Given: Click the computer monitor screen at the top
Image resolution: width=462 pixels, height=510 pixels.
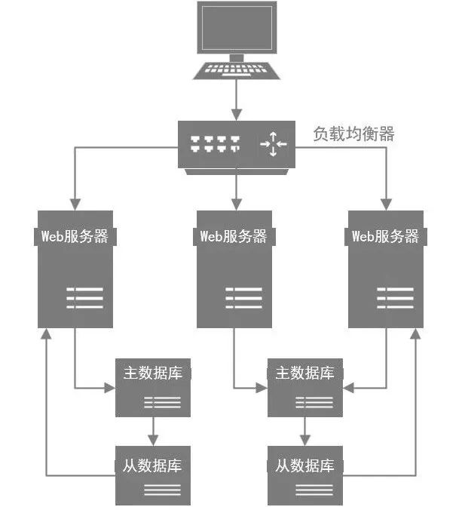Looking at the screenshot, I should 237,27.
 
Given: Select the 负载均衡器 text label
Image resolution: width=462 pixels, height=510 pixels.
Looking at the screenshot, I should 354,134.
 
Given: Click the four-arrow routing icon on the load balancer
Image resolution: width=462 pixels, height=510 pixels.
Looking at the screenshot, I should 273,143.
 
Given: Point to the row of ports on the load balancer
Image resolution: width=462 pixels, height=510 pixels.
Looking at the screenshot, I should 216,143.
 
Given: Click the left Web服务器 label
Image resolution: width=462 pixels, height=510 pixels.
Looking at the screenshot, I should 75,236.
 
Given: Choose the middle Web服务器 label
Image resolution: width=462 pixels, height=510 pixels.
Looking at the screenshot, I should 234,236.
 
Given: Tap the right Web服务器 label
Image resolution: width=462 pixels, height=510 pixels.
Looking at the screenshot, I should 385,236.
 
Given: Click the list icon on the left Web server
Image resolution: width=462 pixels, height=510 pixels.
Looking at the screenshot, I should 84,297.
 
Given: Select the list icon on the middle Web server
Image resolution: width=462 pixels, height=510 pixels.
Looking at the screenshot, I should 243,297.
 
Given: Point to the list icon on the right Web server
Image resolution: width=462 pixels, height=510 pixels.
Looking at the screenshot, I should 395,297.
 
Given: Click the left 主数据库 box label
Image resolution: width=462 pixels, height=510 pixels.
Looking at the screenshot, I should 153,373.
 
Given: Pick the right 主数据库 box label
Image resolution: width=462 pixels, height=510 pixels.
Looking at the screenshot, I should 305,373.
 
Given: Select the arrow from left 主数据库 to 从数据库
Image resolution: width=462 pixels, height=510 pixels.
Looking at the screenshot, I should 153,430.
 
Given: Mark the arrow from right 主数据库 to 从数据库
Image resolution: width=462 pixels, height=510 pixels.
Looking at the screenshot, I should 305,430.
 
